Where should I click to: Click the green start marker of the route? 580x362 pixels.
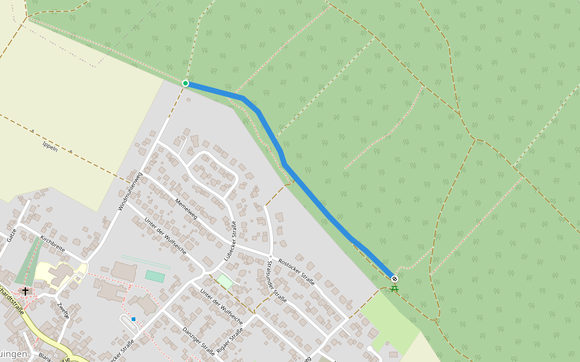click(x=185, y=83)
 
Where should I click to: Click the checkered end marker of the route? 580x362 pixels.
click(x=395, y=279)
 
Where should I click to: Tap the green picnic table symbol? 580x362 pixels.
click(x=395, y=288)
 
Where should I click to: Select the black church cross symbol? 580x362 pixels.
click(x=25, y=291)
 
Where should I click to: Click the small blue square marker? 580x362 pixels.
click(x=134, y=319)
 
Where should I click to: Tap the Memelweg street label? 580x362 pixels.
click(x=186, y=209)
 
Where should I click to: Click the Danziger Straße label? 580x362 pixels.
click(x=198, y=341)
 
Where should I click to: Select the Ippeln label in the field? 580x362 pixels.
click(x=50, y=145)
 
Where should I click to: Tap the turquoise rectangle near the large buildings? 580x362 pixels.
click(x=155, y=276)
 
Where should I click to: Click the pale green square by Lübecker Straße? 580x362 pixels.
click(x=225, y=281)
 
